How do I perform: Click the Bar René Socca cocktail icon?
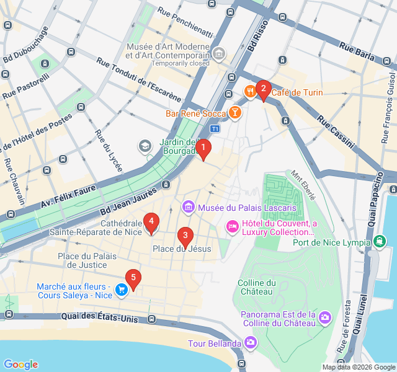[235, 113]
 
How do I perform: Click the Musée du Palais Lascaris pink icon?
[187, 206]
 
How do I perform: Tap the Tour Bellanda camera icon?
[250, 342]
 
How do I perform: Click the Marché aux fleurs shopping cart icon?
[122, 288]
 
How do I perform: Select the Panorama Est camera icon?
[324, 317]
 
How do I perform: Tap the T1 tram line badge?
[215, 128]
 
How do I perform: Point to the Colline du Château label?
[256, 287]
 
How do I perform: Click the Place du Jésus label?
[182, 249]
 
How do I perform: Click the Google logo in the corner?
[20, 365]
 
